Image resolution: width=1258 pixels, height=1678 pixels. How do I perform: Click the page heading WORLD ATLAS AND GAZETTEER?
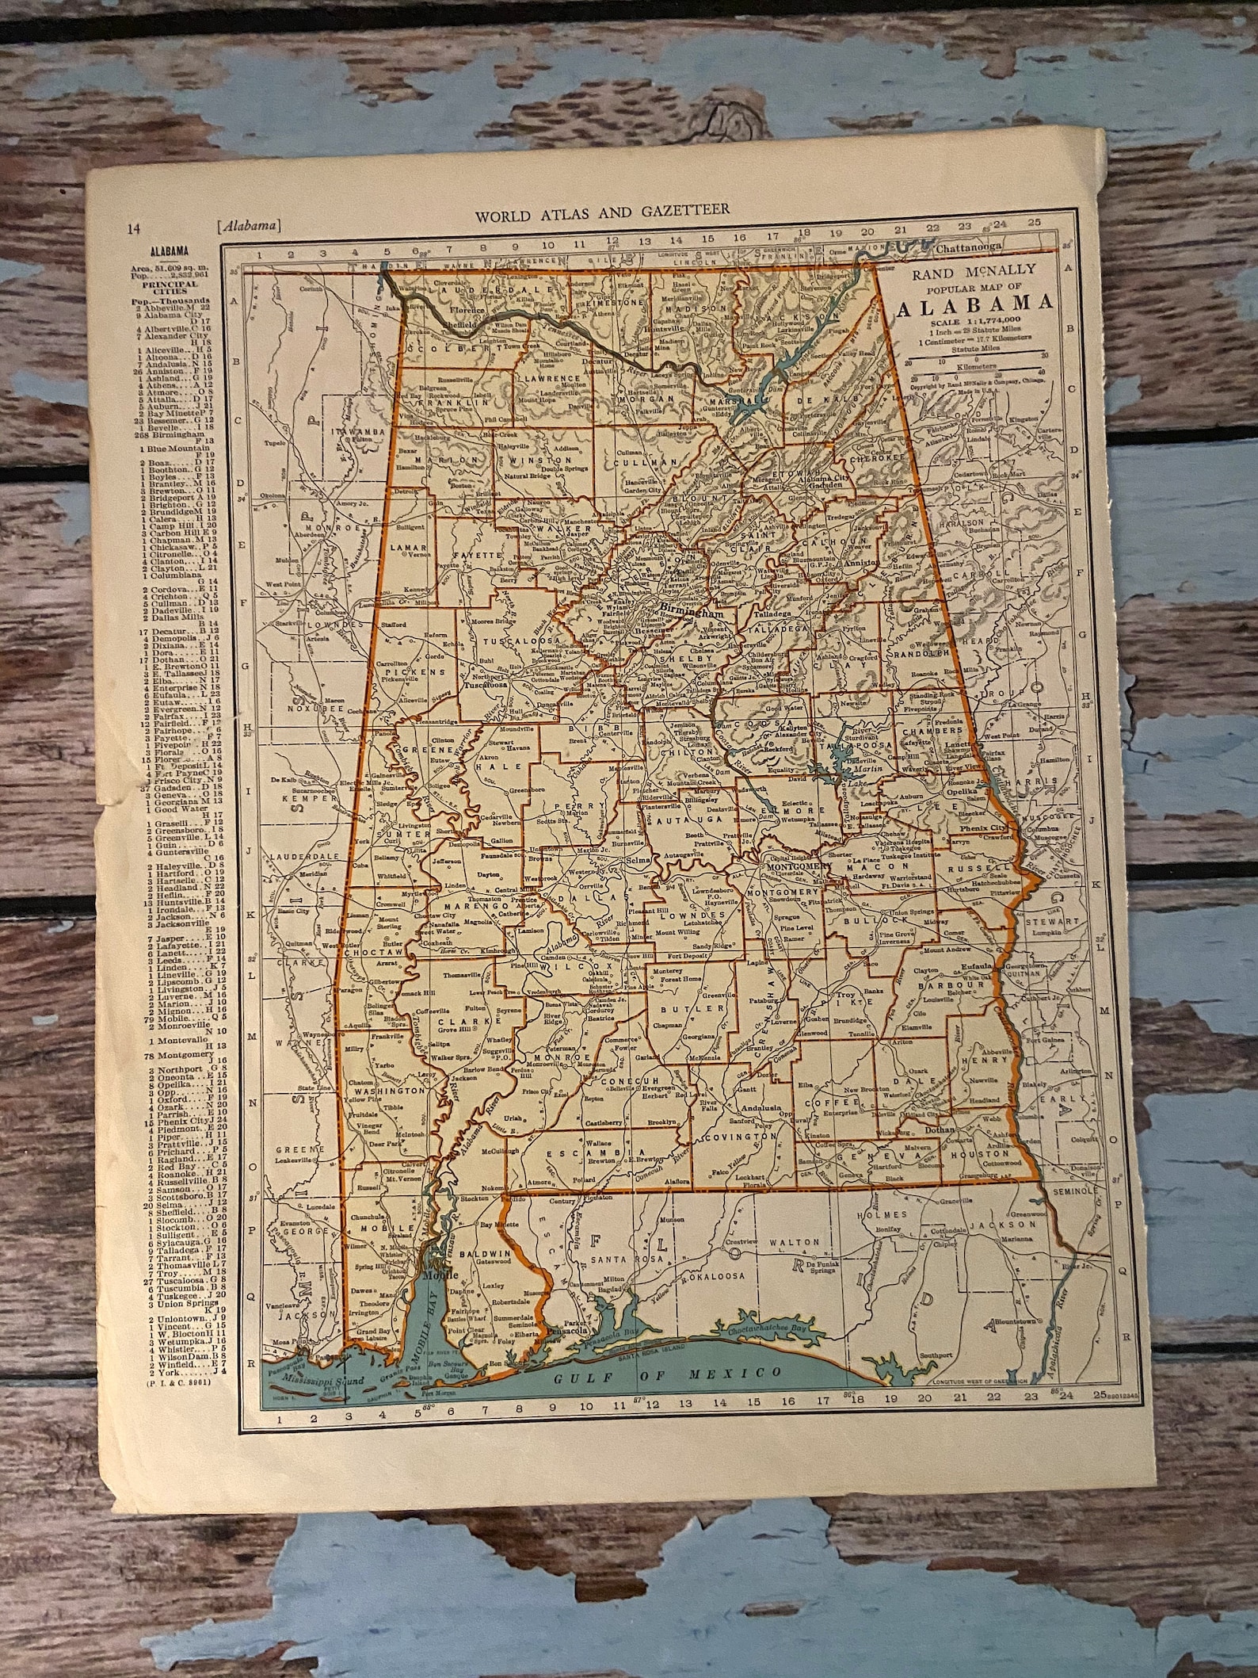[601, 211]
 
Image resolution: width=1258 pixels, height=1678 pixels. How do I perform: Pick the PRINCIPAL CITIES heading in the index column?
[166, 285]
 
